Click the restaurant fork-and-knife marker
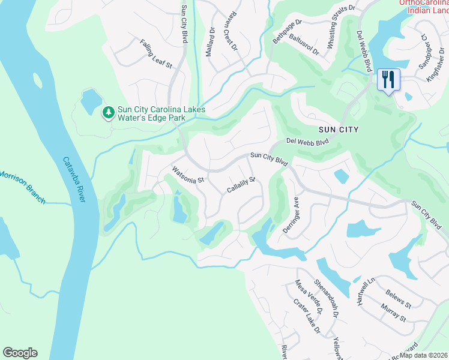388,79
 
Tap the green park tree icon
108,112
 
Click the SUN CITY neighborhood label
339,130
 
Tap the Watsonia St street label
188,175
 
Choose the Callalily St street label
241,185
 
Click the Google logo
20,353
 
